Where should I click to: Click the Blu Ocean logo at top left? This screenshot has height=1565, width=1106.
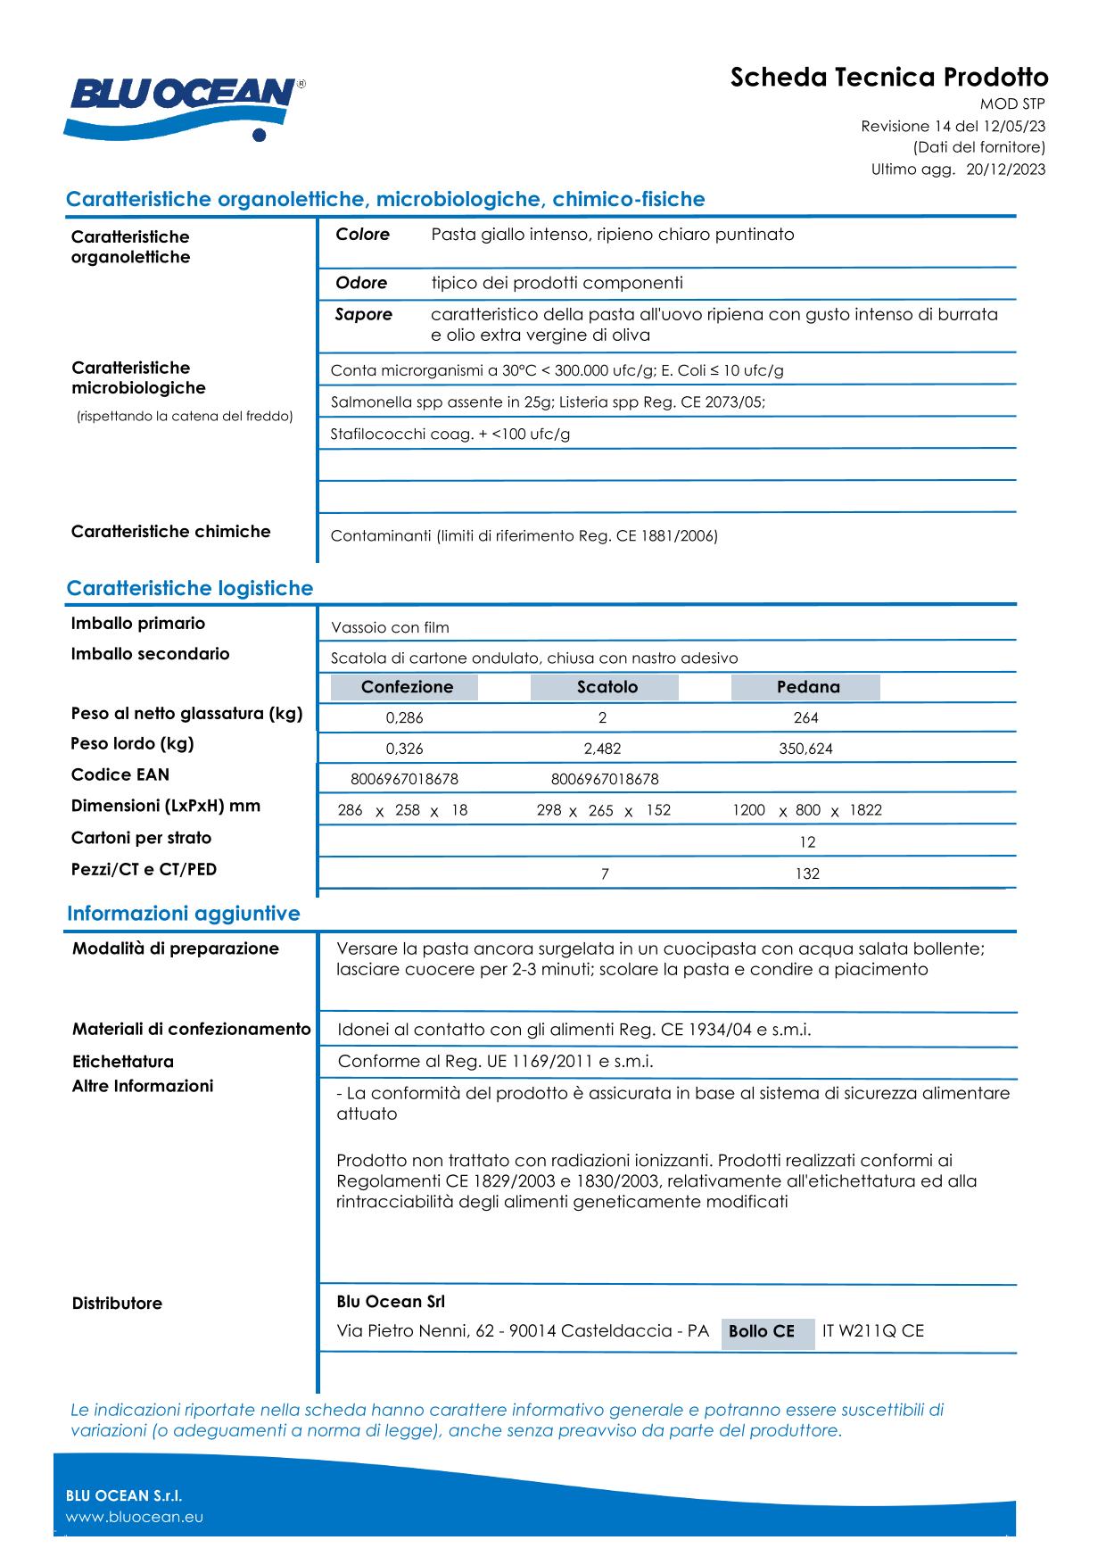[183, 105]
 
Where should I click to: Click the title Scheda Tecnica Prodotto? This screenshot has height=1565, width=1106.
[888, 78]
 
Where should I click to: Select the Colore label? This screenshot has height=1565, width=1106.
[362, 235]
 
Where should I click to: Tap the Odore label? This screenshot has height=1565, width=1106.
[361, 283]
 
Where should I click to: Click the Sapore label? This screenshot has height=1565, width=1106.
[363, 314]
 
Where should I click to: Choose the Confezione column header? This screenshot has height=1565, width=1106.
[407, 687]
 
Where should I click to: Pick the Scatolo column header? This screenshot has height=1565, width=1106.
[607, 687]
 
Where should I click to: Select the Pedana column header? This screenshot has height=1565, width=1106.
[807, 687]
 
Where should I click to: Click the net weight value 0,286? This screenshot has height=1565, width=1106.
[405, 718]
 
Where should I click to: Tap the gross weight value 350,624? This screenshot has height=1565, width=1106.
[805, 749]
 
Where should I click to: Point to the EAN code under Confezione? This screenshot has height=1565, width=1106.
[405, 779]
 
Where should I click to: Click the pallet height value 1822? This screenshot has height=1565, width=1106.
[865, 810]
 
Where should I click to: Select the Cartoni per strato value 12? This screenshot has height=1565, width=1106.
[807, 842]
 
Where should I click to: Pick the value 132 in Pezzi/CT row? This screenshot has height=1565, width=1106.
[807, 874]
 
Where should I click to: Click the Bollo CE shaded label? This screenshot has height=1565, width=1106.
[762, 1331]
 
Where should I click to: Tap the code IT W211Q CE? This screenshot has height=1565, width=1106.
[873, 1331]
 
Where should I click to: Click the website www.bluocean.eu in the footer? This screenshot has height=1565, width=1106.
[135, 1517]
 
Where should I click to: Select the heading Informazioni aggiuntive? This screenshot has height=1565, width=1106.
[184, 914]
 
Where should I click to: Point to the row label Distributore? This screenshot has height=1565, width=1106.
[117, 1304]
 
